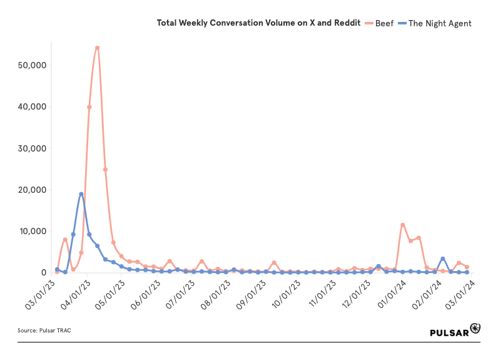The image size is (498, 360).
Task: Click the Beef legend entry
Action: point(384,23)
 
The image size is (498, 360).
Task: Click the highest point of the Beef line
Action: point(97,48)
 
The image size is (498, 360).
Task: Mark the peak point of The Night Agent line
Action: point(81,194)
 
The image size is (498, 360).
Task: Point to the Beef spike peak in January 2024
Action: point(403,224)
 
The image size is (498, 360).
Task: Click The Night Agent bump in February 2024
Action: point(443,259)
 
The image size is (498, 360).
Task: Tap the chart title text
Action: point(258,23)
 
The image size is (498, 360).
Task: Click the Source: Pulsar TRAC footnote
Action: point(44,330)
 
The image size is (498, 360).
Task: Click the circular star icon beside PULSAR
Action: point(475,329)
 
